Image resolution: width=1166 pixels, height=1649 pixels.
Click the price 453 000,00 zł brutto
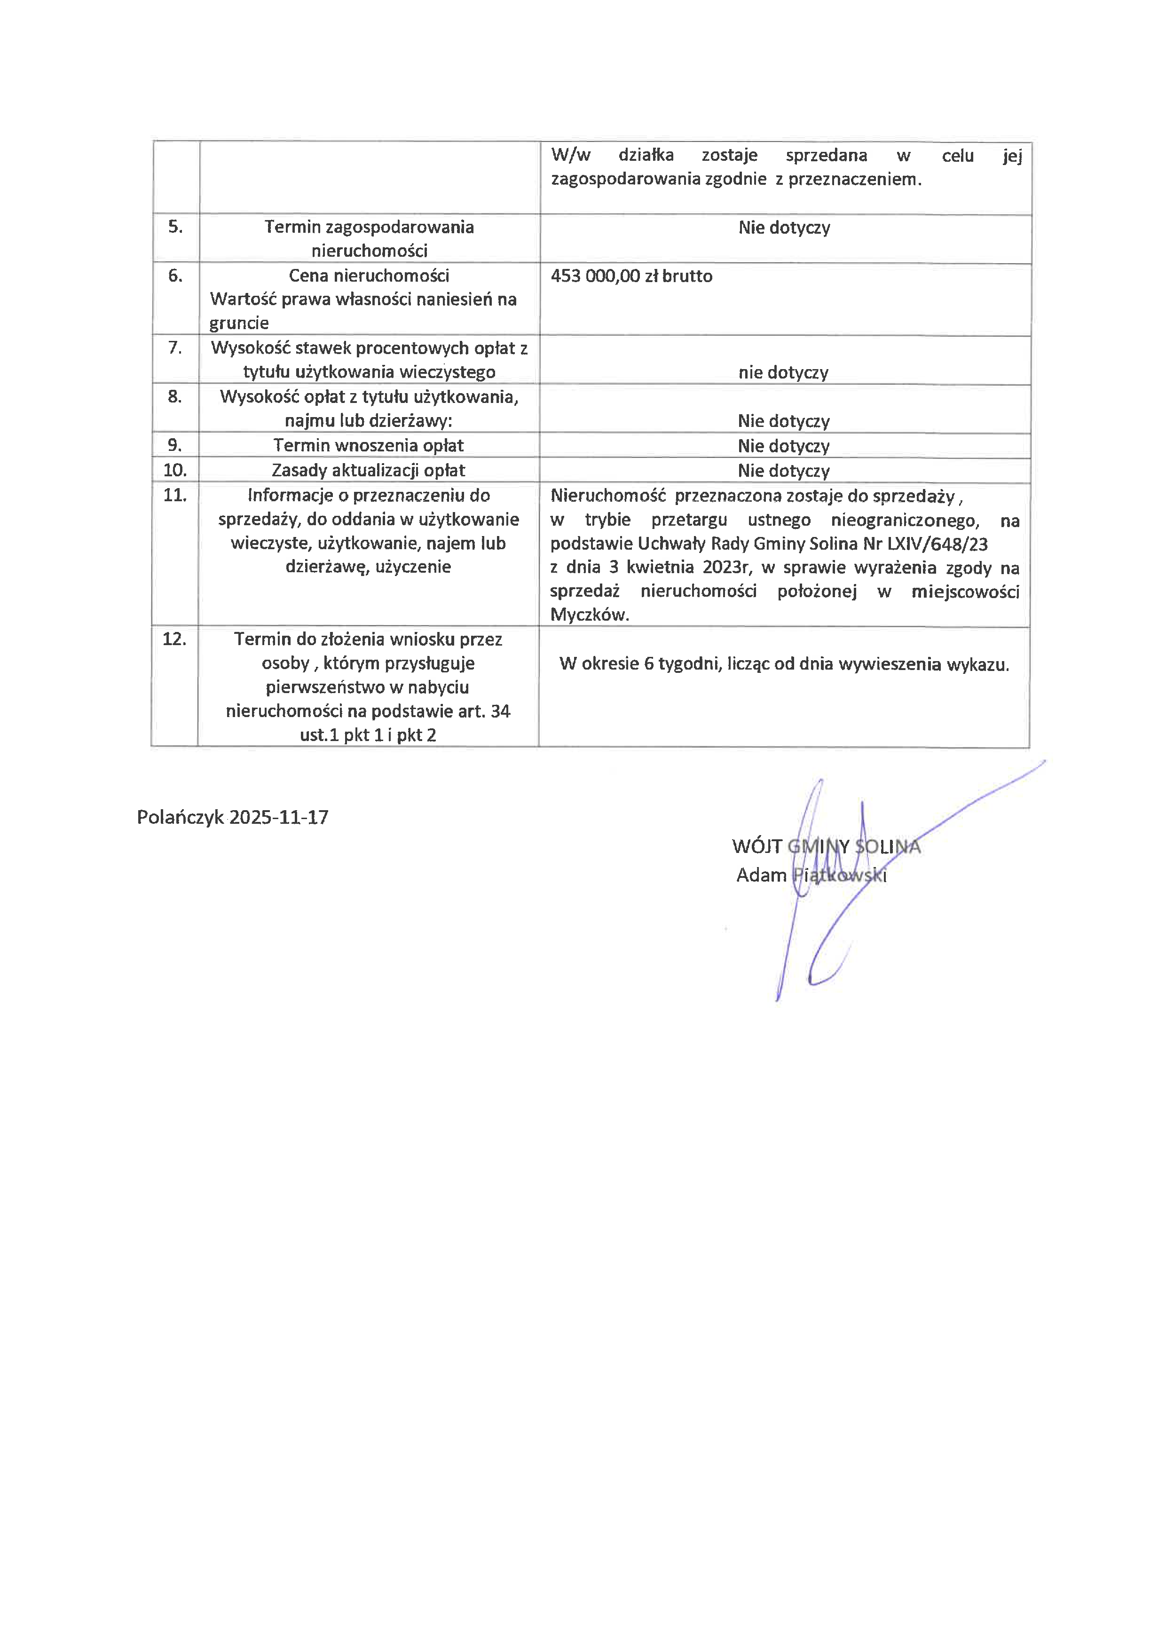pyautogui.click(x=631, y=276)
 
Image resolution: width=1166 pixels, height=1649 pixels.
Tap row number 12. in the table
pyautogui.click(x=174, y=639)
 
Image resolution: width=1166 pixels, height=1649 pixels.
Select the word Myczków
pyautogui.click(x=590, y=615)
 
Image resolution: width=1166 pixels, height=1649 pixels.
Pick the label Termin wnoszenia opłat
pyautogui.click(x=368, y=445)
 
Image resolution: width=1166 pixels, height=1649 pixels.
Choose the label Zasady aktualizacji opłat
pyautogui.click(x=368, y=470)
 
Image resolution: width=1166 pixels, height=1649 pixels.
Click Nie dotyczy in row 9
pyautogui.click(x=783, y=446)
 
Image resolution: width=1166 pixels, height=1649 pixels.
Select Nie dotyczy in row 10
pyautogui.click(x=783, y=471)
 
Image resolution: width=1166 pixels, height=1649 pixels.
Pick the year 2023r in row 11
pyautogui.click(x=726, y=568)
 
